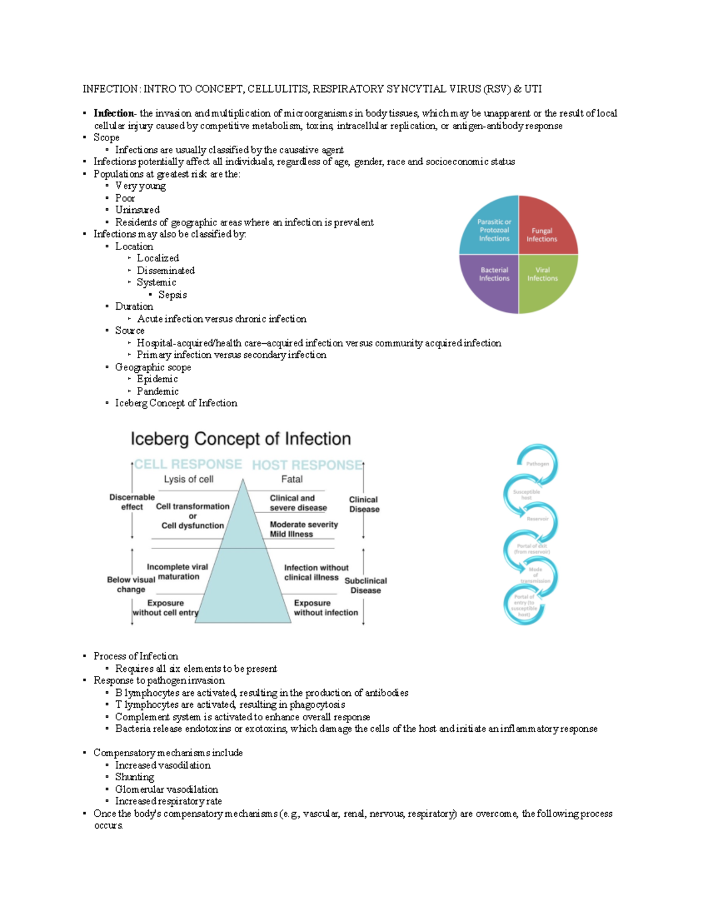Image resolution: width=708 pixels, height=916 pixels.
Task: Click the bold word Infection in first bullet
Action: pyautogui.click(x=113, y=113)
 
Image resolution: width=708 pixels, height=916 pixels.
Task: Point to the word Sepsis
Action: pyautogui.click(x=172, y=295)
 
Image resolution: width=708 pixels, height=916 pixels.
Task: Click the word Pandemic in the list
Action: pyautogui.click(x=158, y=391)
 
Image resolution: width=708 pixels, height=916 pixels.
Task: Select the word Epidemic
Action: pyautogui.click(x=157, y=379)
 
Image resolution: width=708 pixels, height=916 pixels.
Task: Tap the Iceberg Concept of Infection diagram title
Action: pyautogui.click(x=241, y=439)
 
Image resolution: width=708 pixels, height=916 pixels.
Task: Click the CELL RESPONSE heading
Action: pyautogui.click(x=188, y=465)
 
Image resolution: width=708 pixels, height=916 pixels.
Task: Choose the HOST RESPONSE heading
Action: pyautogui.click(x=307, y=465)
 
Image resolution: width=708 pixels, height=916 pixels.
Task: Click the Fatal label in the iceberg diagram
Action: pyautogui.click(x=291, y=480)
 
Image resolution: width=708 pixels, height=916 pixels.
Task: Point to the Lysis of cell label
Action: pyautogui.click(x=188, y=480)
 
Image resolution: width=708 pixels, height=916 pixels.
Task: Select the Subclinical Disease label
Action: pyautogui.click(x=366, y=586)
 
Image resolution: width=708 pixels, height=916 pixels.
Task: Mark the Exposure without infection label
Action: pyautogui.click(x=326, y=608)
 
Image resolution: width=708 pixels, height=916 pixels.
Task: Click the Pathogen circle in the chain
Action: pyautogui.click(x=537, y=464)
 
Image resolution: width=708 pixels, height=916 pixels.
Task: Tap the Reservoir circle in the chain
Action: pyautogui.click(x=537, y=519)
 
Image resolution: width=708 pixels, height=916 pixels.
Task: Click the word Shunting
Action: pyautogui.click(x=135, y=777)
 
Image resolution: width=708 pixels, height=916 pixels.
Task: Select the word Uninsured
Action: pyautogui.click(x=137, y=210)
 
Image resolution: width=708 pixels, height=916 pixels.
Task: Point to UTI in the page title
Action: pyautogui.click(x=533, y=89)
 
